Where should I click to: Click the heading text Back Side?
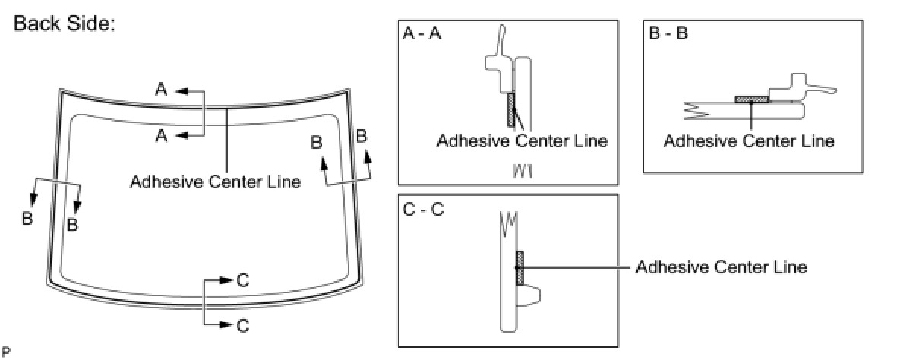[64, 24]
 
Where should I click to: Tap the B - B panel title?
[668, 35]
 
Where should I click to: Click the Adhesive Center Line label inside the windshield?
[215, 182]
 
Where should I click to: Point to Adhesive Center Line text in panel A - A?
[522, 141]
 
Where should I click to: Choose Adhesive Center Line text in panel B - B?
[749, 141]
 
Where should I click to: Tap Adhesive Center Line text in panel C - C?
[721, 267]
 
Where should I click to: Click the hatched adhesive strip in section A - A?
[510, 109]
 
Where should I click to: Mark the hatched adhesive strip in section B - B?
[752, 99]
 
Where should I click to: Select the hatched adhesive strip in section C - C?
[520, 267]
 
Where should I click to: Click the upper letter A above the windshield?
[161, 90]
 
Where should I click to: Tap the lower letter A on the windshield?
[161, 135]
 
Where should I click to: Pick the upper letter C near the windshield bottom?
[242, 280]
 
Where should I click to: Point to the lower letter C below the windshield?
[242, 325]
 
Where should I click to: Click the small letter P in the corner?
[6, 352]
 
